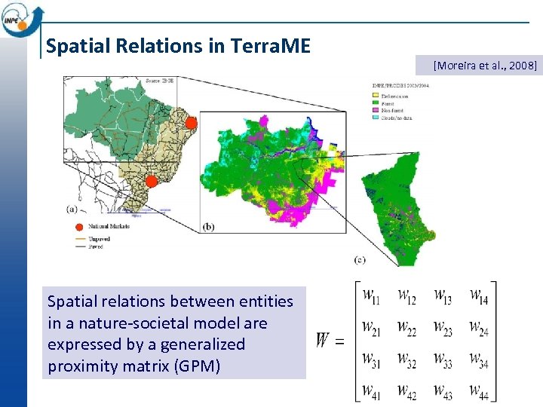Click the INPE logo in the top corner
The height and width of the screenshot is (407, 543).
22,19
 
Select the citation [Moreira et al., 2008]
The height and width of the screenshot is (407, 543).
485,66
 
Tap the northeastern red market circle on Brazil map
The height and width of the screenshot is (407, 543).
191,123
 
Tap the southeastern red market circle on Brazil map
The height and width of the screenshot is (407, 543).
151,181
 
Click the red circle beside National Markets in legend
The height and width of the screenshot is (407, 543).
78,226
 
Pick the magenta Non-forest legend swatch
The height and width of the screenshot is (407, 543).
376,110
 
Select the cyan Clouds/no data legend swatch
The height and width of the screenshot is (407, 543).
376,118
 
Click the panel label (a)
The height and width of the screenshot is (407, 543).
71,208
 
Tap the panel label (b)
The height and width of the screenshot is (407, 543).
209,226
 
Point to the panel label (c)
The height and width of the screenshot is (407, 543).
360,260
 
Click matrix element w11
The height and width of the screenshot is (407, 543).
371,297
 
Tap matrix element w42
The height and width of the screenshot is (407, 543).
406,391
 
